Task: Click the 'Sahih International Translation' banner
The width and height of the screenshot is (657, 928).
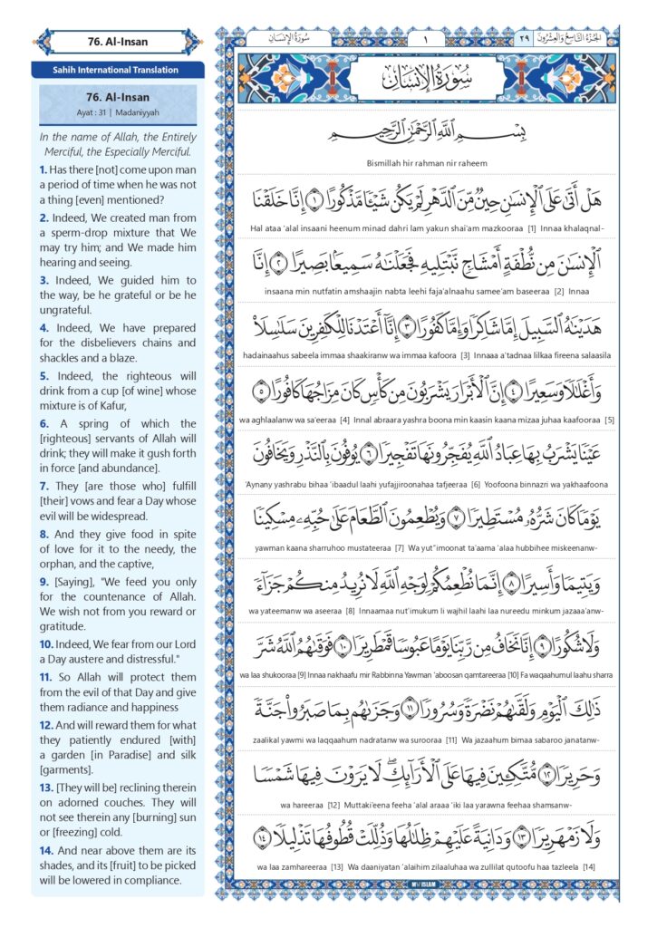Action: pyautogui.click(x=117, y=70)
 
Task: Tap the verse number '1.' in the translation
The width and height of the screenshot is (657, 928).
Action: pyautogui.click(x=43, y=169)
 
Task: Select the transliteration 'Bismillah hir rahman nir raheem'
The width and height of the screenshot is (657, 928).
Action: pyautogui.click(x=424, y=163)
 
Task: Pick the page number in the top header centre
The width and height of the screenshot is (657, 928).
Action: pyautogui.click(x=424, y=39)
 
